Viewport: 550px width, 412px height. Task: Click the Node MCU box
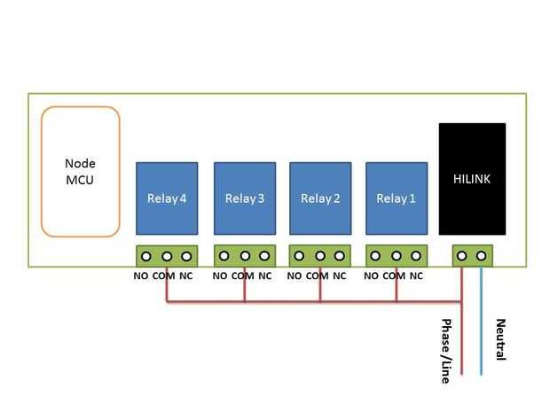80,172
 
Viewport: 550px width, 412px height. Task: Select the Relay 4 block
166,198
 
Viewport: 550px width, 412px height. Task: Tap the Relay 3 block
244,198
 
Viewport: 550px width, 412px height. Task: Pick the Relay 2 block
320,198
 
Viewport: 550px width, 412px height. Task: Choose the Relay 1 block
396,198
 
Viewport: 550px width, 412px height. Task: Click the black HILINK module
472,179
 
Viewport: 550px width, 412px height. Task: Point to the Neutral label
500,339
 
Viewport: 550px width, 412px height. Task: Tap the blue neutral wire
481,328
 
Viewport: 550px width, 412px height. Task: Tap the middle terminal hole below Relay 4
166,256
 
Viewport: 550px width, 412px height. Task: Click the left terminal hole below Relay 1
375,256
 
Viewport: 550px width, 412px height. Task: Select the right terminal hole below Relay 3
263,256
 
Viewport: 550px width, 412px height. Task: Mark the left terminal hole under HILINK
461,256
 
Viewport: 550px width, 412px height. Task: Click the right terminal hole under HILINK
481,256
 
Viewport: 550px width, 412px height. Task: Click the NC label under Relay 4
186,276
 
